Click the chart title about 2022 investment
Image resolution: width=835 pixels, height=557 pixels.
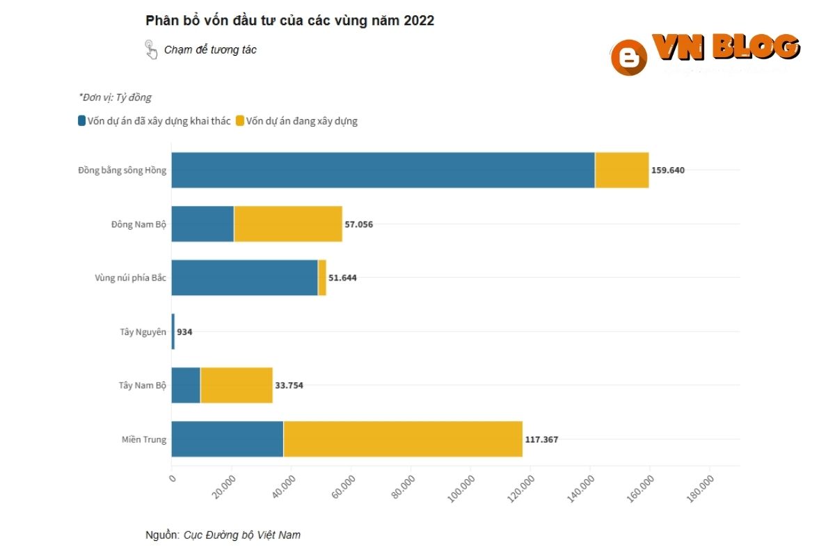pyautogui.click(x=289, y=21)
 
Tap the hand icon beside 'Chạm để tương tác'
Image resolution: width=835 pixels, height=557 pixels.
pyautogui.click(x=151, y=49)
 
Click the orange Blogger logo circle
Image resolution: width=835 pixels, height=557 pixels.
pyautogui.click(x=628, y=57)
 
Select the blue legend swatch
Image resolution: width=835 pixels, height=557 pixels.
pyautogui.click(x=82, y=121)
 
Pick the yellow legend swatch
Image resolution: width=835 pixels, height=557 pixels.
pyautogui.click(x=240, y=121)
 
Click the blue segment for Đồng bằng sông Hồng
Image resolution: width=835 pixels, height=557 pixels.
pyautogui.click(x=383, y=170)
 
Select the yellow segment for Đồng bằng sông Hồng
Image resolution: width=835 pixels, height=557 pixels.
pyautogui.click(x=622, y=170)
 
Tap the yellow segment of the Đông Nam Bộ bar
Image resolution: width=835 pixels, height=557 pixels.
pyautogui.click(x=288, y=223)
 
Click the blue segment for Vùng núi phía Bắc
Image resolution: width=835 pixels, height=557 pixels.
pyautogui.click(x=244, y=277)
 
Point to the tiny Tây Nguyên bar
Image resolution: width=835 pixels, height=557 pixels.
pyautogui.click(x=173, y=331)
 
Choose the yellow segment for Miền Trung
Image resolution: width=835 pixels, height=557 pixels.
pyautogui.click(x=403, y=439)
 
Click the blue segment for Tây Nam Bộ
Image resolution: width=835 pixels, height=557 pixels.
pyautogui.click(x=186, y=385)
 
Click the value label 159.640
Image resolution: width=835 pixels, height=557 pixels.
pyautogui.click(x=668, y=170)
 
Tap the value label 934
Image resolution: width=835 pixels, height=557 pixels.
pyautogui.click(x=184, y=332)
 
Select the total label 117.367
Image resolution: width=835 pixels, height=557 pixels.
pyautogui.click(x=541, y=439)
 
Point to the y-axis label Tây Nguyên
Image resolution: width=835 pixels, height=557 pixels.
pyautogui.click(x=143, y=332)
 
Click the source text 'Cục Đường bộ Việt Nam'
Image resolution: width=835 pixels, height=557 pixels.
pyautogui.click(x=242, y=535)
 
